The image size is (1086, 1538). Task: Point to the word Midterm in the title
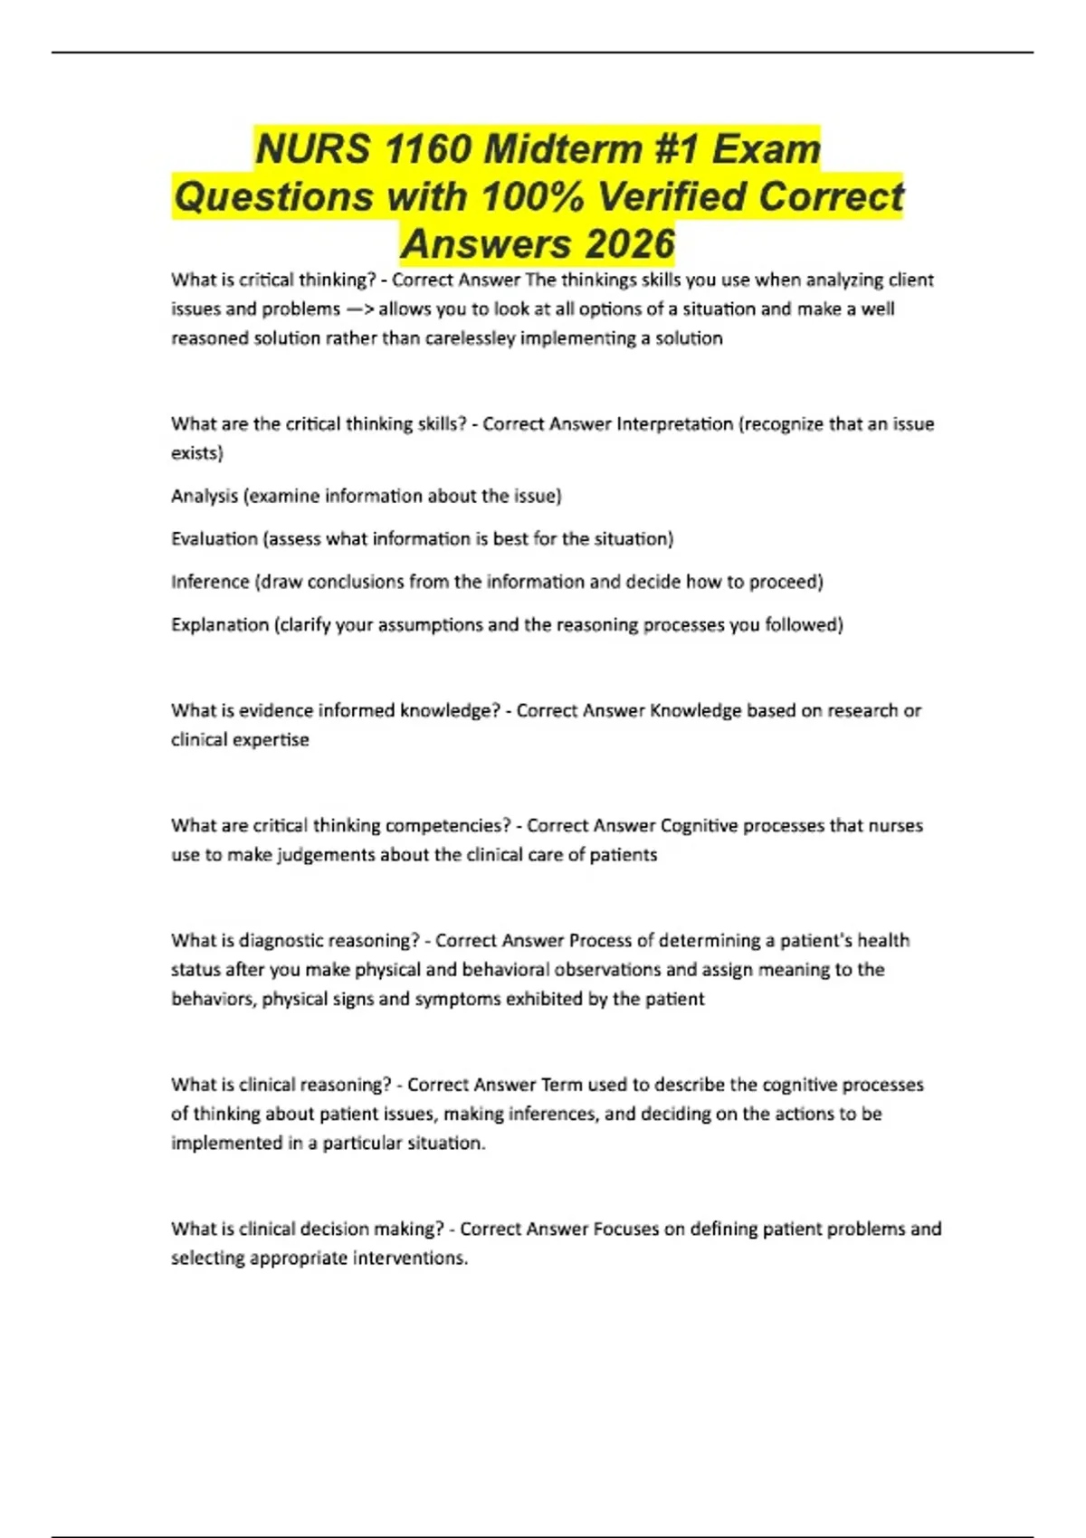(x=563, y=149)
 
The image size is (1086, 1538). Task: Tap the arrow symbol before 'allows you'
(x=359, y=309)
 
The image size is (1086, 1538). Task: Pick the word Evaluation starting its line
(x=214, y=539)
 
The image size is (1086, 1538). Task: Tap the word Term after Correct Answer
(x=561, y=1085)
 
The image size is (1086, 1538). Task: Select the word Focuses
(x=625, y=1229)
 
